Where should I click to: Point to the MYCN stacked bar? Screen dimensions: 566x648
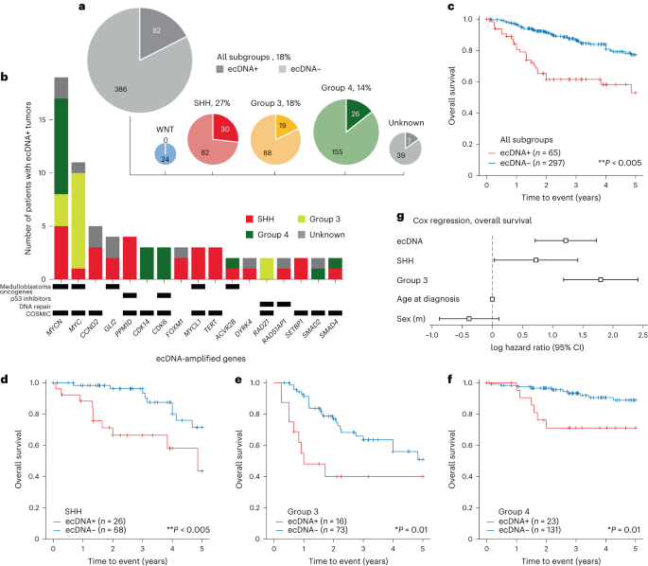coord(60,180)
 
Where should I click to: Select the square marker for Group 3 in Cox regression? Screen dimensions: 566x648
coord(600,279)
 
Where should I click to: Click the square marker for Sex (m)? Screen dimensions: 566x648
coord(468,319)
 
